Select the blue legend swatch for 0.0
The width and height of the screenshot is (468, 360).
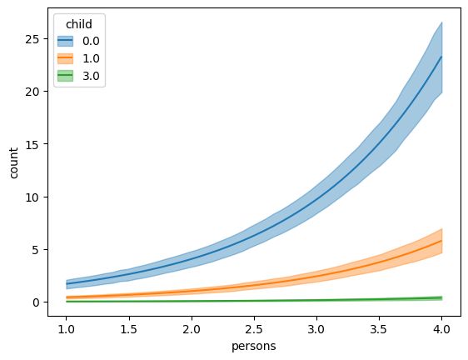click(64, 40)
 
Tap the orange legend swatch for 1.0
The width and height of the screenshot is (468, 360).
click(64, 57)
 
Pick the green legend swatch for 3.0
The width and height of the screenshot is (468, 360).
click(64, 75)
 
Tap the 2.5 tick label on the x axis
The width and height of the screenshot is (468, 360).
click(254, 330)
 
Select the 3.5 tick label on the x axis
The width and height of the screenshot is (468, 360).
click(379, 330)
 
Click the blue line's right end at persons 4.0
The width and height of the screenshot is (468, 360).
click(441, 57)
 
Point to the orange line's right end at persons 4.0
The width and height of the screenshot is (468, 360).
click(441, 241)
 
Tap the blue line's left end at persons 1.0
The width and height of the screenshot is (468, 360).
click(67, 284)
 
